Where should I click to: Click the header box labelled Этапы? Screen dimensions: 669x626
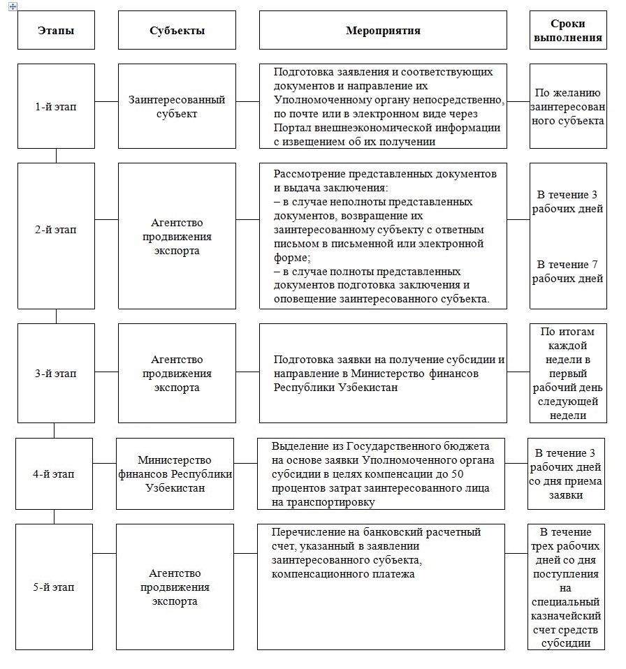(56, 30)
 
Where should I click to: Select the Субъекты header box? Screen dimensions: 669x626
(177, 30)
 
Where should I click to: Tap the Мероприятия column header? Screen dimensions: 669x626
(383, 30)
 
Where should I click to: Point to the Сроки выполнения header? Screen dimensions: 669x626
(567, 30)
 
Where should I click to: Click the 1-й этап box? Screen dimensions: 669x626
(56, 106)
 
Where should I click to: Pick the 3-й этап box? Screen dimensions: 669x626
(56, 373)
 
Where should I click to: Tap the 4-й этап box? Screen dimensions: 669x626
(54, 474)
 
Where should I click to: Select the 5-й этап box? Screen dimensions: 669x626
(54, 587)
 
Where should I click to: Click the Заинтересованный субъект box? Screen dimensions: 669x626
(177, 106)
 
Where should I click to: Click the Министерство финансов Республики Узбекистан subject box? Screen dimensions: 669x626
(175, 474)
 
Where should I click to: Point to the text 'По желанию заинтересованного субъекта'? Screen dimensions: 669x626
(567, 106)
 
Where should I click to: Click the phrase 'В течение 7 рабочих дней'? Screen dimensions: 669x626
(567, 272)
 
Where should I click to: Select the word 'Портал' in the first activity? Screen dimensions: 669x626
(292, 128)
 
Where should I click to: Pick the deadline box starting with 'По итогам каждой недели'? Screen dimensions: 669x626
(567, 373)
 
